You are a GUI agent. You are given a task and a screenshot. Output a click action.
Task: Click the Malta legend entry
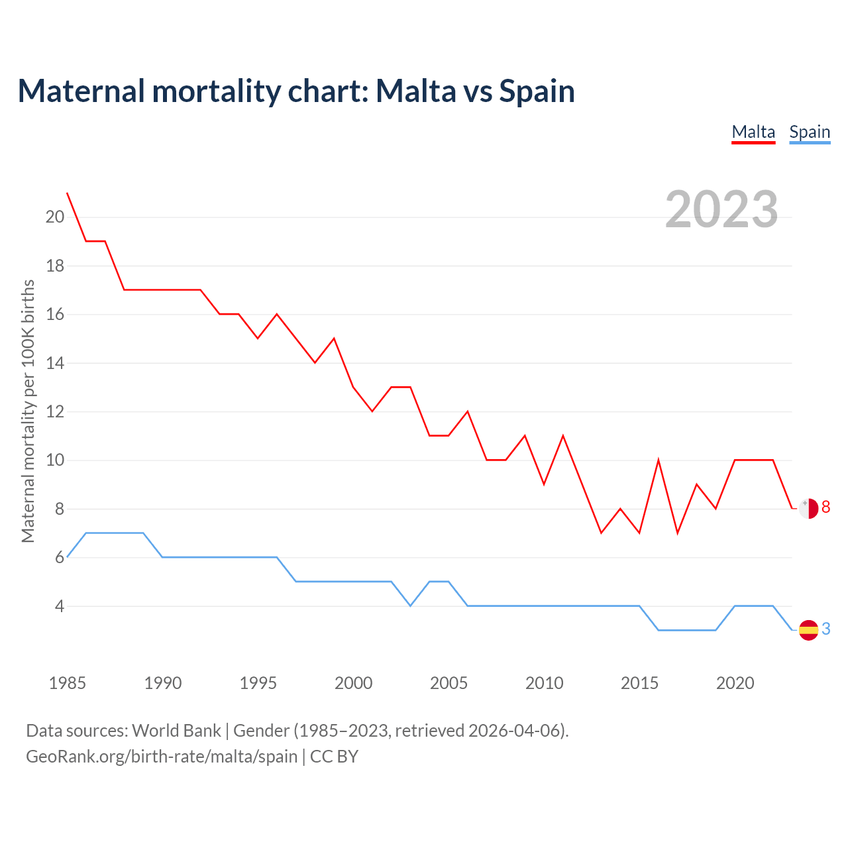click(753, 132)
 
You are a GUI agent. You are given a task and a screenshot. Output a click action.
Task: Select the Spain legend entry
click(810, 132)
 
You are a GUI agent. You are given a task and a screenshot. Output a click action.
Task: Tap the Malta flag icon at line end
click(809, 508)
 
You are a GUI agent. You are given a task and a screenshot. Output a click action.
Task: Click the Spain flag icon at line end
click(809, 630)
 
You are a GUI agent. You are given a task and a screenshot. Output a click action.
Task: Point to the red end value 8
click(826, 507)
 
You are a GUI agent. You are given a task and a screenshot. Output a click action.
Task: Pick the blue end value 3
click(826, 629)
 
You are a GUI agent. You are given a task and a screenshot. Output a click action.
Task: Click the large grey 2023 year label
click(721, 209)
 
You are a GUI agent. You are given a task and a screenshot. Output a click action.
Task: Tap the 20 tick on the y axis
click(55, 217)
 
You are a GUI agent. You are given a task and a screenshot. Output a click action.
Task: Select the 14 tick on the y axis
click(55, 363)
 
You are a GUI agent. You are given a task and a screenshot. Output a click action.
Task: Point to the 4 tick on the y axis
click(59, 606)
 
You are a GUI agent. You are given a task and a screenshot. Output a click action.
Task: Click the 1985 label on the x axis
click(67, 683)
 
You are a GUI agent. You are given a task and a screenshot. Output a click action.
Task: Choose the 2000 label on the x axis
click(353, 683)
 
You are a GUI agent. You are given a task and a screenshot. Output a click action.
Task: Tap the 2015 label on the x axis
click(639, 683)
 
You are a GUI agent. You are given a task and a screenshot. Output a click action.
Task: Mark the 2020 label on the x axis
click(735, 683)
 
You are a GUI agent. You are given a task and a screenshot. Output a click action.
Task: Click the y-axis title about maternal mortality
click(28, 411)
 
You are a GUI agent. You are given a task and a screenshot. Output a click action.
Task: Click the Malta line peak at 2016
click(659, 460)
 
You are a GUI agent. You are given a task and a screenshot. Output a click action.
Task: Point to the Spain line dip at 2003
click(411, 606)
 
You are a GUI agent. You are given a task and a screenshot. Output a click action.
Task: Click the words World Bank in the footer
click(176, 731)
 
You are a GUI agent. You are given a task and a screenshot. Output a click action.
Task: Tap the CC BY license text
click(334, 757)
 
